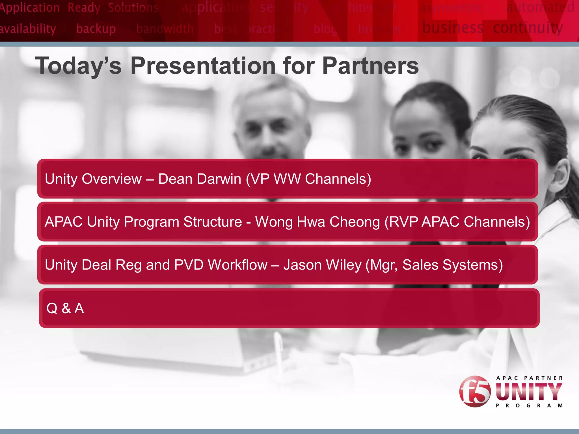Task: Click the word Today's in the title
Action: (78, 66)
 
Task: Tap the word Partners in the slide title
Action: (370, 66)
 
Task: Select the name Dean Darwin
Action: (199, 179)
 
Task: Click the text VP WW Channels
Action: (308, 179)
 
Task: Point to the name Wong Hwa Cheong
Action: (317, 222)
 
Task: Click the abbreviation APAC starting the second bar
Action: (64, 222)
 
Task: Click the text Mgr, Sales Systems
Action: (434, 265)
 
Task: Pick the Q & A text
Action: (65, 308)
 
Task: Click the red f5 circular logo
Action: (475, 391)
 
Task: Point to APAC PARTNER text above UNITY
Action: (529, 378)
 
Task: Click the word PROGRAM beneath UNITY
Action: (529, 406)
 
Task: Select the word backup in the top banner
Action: (96, 29)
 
